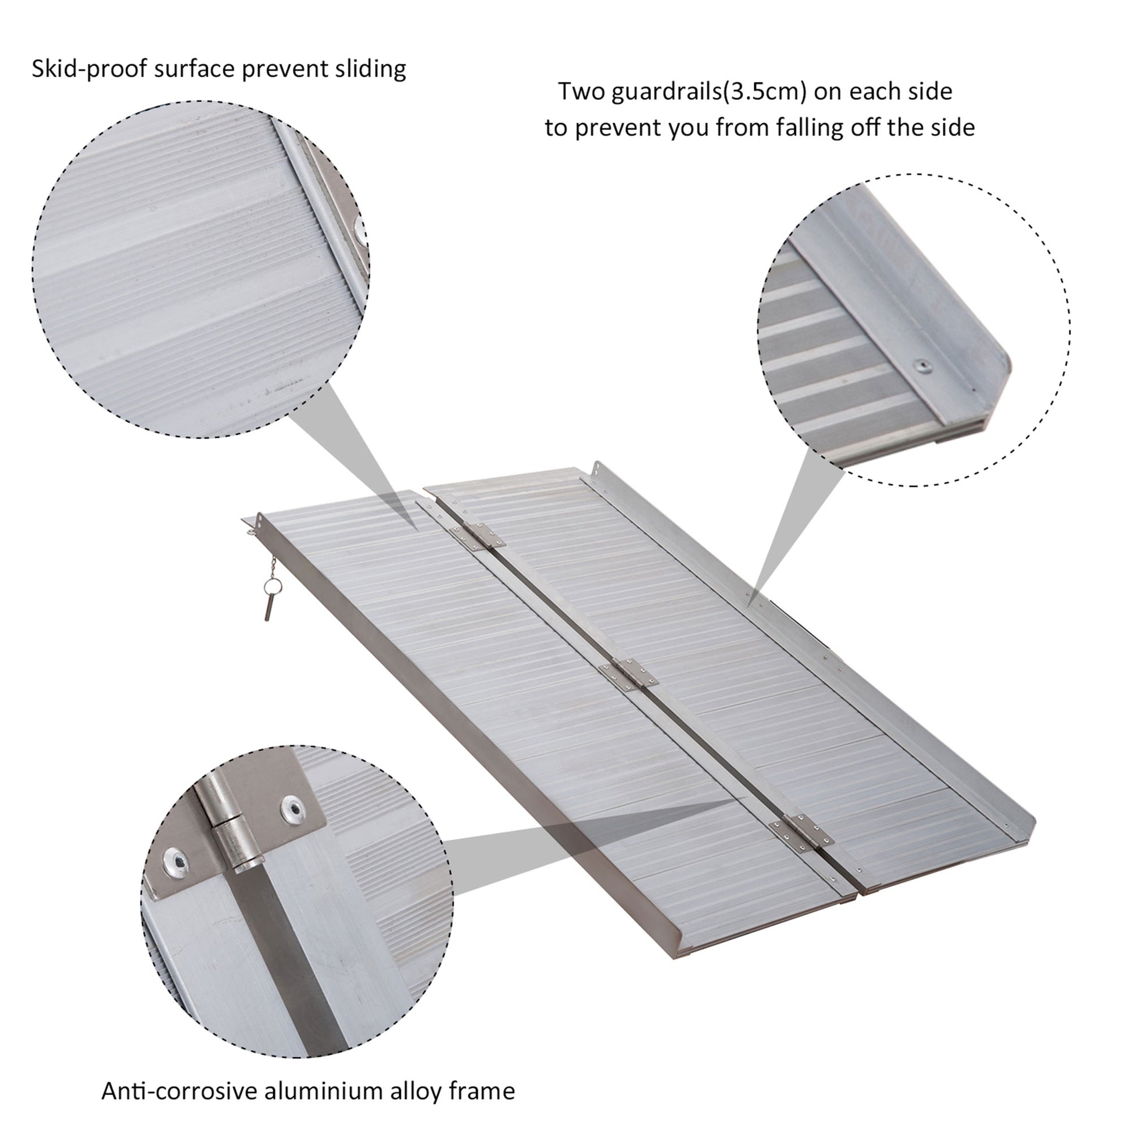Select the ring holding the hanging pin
(x=271, y=586)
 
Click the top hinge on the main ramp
(x=477, y=535)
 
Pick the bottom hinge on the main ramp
(x=801, y=832)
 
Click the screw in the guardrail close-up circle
(x=924, y=366)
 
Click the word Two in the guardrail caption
(x=580, y=92)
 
